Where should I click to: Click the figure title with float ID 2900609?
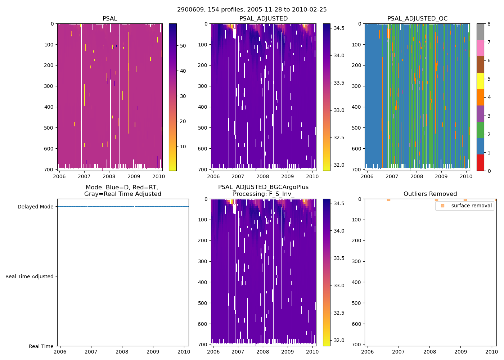[252, 10]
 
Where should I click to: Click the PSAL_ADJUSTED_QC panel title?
[417, 19]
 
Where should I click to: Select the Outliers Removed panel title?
[430, 194]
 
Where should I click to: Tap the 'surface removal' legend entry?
[471, 206]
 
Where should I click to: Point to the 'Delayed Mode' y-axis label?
[35, 207]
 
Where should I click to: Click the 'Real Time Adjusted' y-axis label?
[30, 276]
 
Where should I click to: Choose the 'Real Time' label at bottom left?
[41, 346]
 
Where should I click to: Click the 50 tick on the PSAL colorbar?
[183, 46]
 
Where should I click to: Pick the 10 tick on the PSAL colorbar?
[183, 147]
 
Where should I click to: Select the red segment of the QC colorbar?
[480, 162]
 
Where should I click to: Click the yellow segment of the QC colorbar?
[480, 81]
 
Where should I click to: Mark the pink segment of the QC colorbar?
[480, 48]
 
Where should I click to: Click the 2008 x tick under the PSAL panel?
[109, 176]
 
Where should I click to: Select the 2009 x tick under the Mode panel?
[153, 352]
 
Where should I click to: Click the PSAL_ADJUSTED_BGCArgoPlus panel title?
[263, 190]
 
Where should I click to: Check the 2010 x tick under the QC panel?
[466, 176]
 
